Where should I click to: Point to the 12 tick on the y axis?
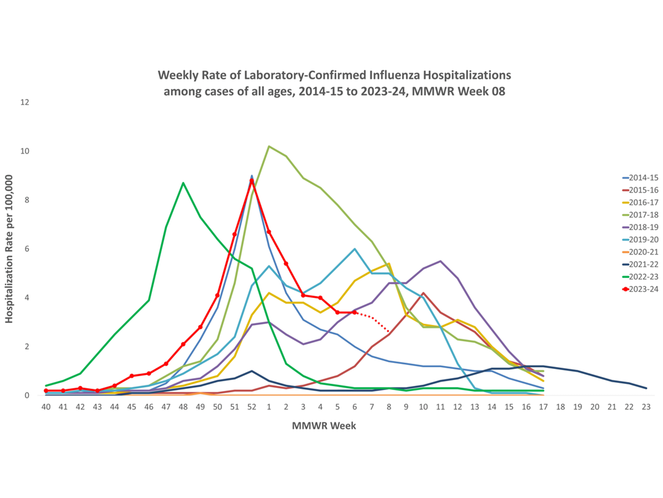(25, 102)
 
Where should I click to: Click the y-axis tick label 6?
(27, 249)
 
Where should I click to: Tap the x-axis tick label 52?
(252, 407)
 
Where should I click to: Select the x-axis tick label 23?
(646, 407)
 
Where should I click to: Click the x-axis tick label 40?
(46, 407)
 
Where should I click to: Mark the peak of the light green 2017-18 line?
(269, 146)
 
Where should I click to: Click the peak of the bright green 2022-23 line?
(183, 183)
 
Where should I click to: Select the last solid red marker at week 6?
(355, 312)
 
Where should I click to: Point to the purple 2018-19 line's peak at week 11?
(440, 261)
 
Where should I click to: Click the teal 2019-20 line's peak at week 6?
(355, 249)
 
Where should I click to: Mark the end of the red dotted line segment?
(389, 332)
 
